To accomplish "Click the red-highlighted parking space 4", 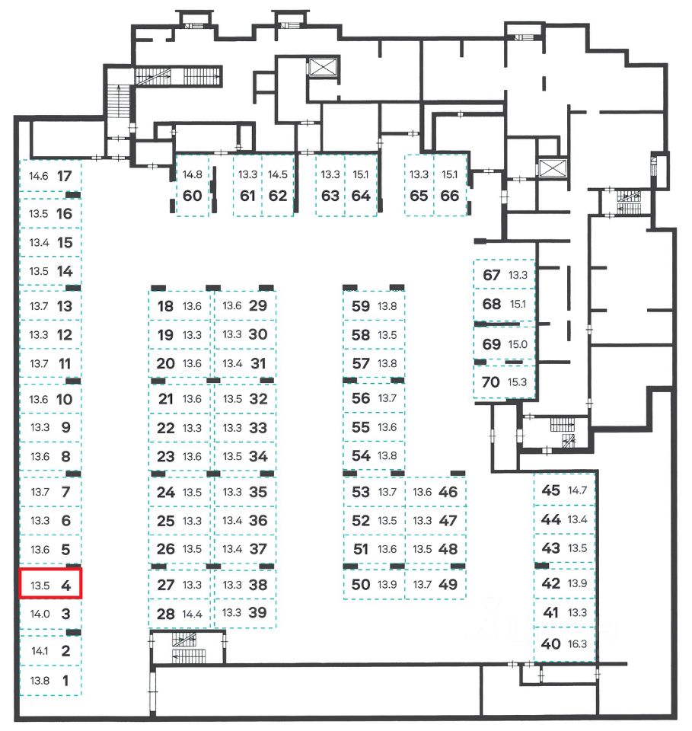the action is pos(50,586).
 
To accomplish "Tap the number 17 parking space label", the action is pos(65,175).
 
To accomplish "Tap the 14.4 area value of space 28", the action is pos(193,614).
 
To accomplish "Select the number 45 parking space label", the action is pos(550,490).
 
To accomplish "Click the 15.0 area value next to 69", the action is pos(518,344).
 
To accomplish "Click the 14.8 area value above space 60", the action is pos(192,174).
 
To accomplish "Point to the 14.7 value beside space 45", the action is pos(578,490).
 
